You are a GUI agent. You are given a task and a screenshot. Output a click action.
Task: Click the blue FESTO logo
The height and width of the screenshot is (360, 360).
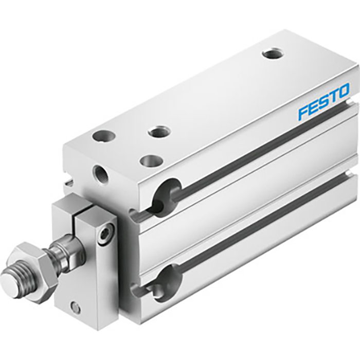coord(323,101)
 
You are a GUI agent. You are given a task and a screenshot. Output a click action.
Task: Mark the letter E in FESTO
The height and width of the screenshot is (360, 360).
coord(313,106)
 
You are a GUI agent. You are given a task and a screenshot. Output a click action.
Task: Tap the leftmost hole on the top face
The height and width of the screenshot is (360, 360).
coord(100,136)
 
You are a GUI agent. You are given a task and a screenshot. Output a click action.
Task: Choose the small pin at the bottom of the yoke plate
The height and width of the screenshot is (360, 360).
coord(76,308)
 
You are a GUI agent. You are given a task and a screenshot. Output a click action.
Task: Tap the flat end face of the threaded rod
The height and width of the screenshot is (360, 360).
coord(9,282)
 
